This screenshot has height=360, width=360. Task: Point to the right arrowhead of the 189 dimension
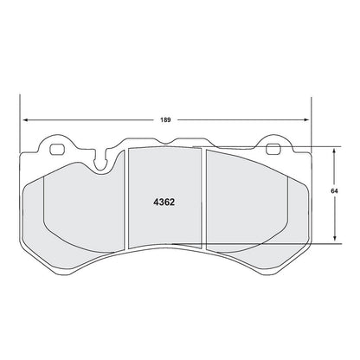tap(306, 119)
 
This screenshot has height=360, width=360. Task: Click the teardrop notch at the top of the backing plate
tap(105, 157)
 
